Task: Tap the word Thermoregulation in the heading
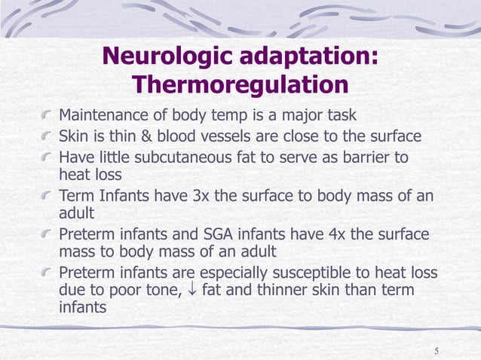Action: (240, 84)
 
